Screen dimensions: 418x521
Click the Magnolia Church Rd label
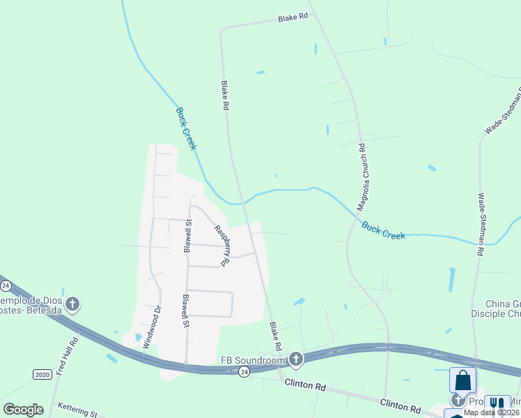[x=361, y=177]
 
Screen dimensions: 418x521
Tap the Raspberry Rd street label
[x=221, y=245]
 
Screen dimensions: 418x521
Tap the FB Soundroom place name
[x=254, y=360]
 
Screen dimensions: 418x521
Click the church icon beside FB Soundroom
[x=296, y=359]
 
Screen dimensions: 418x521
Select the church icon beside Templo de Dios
[x=72, y=304]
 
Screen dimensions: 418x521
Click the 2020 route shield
[x=42, y=374]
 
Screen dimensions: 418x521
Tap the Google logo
[x=23, y=410]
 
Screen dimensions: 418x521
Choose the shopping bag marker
[x=463, y=380]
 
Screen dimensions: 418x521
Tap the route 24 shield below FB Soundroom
[x=243, y=373]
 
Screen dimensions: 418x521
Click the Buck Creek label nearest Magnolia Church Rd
[x=384, y=231]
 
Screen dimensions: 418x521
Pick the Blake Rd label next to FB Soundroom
[x=275, y=336]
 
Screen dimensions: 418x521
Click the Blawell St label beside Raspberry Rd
[x=187, y=236]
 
